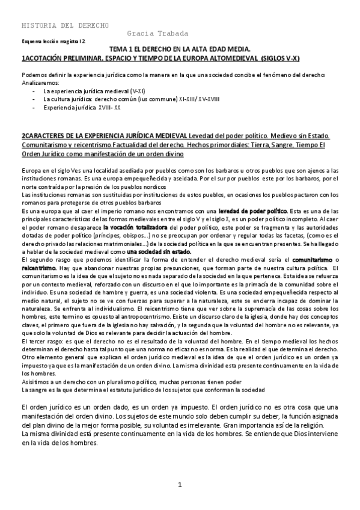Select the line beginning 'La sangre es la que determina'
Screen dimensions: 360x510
[130, 389]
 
